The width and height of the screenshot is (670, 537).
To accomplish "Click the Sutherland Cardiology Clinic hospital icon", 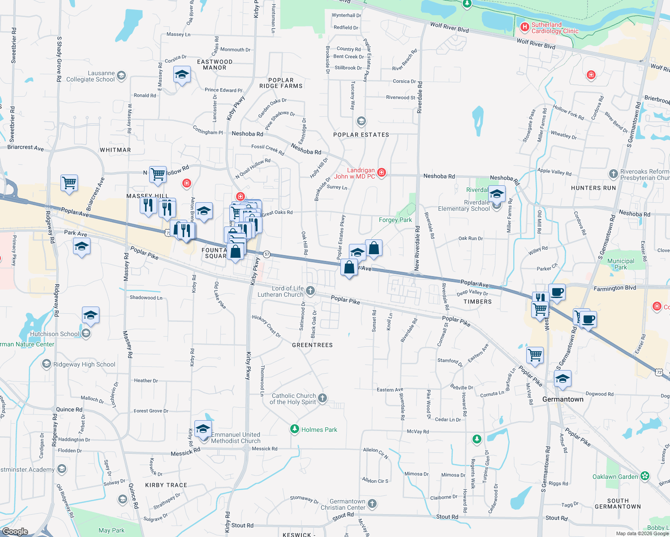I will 524,27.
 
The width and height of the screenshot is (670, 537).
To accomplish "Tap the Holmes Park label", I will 319,430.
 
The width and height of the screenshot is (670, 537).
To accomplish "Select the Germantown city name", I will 563,399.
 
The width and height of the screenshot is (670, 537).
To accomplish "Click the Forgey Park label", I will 395,220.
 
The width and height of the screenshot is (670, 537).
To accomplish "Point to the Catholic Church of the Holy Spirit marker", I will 322,398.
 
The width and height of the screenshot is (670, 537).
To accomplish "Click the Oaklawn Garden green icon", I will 645,476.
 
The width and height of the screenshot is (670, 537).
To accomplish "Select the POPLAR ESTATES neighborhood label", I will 361,135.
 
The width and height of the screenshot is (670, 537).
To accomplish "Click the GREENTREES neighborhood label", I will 312,345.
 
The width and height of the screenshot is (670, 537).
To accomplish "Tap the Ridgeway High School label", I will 84,364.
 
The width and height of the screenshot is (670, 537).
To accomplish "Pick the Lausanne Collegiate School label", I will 90,76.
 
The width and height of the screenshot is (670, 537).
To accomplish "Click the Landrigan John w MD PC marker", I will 382,172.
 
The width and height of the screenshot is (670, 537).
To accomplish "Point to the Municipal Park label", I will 620,264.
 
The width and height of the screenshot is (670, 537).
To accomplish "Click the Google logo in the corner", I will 15,531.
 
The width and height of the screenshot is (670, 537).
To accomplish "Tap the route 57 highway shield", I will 267,254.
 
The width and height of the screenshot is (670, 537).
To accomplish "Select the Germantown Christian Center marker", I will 372,504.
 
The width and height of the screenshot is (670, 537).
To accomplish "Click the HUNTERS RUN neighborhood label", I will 593,188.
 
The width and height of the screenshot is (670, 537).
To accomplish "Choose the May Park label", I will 112,530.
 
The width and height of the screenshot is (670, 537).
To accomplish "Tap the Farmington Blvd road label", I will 614,288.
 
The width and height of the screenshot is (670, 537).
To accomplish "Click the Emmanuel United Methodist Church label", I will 236,438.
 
